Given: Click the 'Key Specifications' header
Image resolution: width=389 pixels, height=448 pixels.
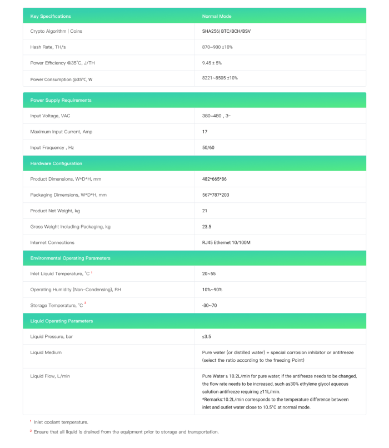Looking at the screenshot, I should (51, 16).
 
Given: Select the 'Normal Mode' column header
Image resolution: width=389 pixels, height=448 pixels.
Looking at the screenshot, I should (217, 16).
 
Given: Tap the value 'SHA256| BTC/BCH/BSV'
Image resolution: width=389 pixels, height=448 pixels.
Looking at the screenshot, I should (227, 31).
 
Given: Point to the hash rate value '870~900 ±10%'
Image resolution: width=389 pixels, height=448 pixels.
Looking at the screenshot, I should (217, 47).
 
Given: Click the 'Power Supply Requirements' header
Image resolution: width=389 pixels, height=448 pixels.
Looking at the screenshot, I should (61, 100).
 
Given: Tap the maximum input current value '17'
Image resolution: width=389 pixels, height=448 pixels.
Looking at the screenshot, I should (205, 132).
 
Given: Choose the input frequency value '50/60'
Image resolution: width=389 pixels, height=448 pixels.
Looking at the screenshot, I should (208, 147).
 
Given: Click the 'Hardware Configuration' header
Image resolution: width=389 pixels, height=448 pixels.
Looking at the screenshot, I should (56, 163).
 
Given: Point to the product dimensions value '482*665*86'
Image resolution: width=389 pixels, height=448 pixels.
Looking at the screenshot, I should (215, 179).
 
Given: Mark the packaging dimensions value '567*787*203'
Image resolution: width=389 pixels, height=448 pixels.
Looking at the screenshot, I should (216, 195).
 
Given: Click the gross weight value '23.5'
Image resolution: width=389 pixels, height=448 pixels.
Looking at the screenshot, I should (207, 227).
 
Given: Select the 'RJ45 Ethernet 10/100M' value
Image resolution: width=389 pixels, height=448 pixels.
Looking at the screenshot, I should (226, 242).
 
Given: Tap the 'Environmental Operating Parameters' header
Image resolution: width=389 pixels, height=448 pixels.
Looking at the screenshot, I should (70, 258).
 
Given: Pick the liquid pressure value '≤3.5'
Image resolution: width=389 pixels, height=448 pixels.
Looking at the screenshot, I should (207, 336).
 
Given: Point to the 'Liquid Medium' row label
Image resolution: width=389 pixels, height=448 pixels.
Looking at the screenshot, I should (46, 352).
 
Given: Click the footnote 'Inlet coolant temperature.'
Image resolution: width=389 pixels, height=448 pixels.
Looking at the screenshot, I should (61, 422).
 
